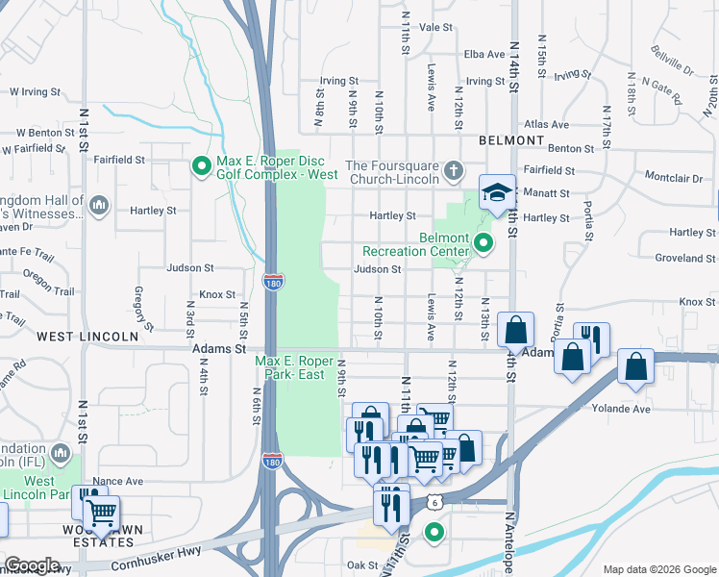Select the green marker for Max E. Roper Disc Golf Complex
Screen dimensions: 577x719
pyautogui.click(x=201, y=167)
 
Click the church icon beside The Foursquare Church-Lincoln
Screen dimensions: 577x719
pyautogui.click(x=455, y=171)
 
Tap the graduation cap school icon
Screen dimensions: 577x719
pyautogui.click(x=497, y=192)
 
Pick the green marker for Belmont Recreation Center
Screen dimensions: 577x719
pyautogui.click(x=483, y=244)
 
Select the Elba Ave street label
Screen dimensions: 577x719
pyautogui.click(x=484, y=55)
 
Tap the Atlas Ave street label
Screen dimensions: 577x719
pyautogui.click(x=547, y=124)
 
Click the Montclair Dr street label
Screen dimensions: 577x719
pyautogui.click(x=675, y=178)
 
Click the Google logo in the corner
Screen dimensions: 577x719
pyautogui.click(x=32, y=565)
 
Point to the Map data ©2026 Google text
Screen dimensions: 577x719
pyautogui.click(x=659, y=569)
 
